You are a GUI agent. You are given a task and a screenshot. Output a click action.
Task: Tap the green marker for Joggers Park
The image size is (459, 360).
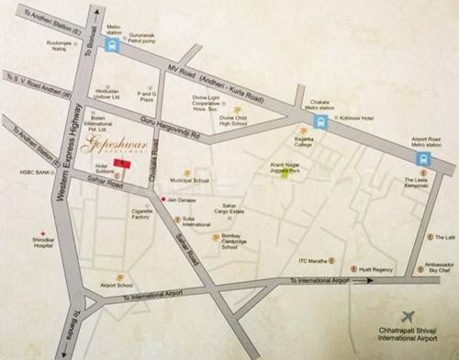pos(285,176)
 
